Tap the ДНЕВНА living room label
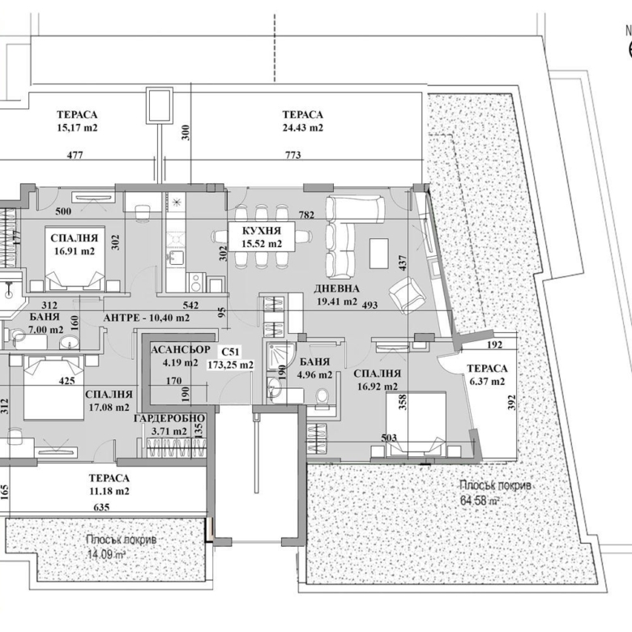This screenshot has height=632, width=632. [336, 288]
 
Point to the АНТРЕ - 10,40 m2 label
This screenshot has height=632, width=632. [146, 318]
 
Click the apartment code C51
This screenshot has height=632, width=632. [229, 352]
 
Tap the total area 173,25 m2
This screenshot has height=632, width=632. [229, 365]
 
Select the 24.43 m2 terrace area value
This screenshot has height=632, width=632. [303, 127]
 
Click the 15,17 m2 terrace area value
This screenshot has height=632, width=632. [77, 127]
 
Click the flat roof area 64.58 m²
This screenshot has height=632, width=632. [477, 500]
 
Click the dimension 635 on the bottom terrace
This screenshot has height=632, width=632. [101, 506]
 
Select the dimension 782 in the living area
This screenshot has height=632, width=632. [306, 215]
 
